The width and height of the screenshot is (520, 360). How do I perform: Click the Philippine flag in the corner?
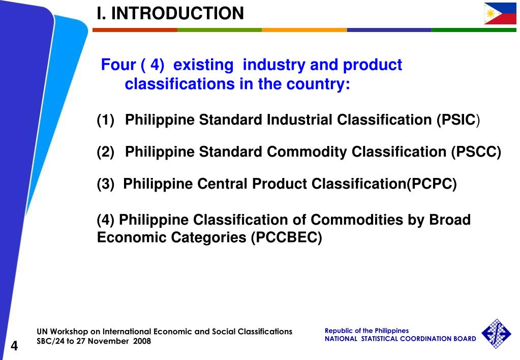[x=500, y=13]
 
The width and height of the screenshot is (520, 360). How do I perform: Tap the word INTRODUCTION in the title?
[x=177, y=13]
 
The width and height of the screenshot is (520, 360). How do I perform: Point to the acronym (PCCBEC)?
[x=286, y=237]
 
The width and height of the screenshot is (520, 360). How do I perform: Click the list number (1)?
[x=106, y=120]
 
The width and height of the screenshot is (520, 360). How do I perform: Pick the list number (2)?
[x=106, y=152]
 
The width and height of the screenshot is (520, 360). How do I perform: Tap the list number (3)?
[x=106, y=184]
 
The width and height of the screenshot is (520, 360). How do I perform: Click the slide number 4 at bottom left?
[x=14, y=346]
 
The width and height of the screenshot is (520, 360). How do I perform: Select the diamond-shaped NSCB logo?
[x=496, y=334]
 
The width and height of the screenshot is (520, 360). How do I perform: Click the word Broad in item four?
[x=450, y=220]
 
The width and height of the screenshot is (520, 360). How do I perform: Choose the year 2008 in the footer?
[x=142, y=341]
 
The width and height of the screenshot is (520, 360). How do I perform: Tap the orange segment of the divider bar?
[x=304, y=30]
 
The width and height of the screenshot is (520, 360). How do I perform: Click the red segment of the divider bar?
[x=135, y=30]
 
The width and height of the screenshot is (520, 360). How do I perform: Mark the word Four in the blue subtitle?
[x=118, y=65]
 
